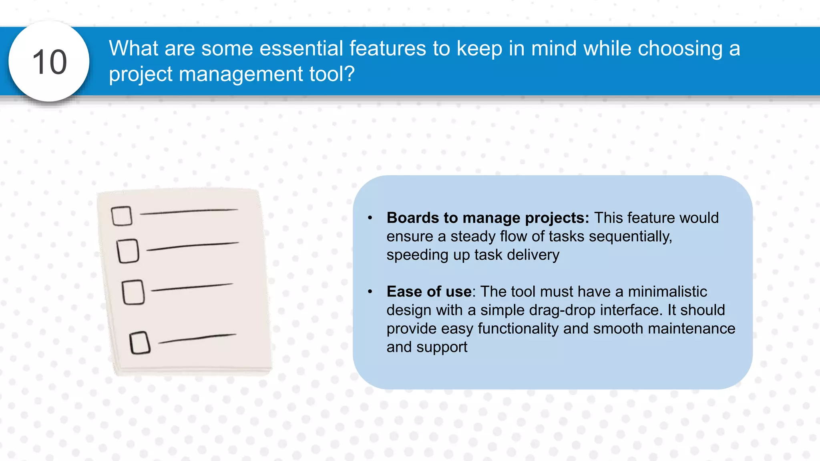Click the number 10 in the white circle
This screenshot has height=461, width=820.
[x=49, y=62]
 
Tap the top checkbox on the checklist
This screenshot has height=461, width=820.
[x=122, y=216]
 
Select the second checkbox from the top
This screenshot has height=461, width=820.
[x=128, y=251]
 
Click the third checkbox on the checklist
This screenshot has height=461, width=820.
[x=133, y=292]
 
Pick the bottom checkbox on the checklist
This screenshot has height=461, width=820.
[x=140, y=343]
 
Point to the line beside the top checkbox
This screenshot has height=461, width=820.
[x=189, y=212]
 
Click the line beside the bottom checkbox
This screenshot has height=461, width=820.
[x=197, y=339]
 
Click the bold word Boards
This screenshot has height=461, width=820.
[x=413, y=218]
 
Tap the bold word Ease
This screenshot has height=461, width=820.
[x=404, y=292]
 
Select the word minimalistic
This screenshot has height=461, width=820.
[x=667, y=292]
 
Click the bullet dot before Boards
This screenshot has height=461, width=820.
[x=370, y=218]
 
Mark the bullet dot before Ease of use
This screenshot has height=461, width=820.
[x=370, y=292]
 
